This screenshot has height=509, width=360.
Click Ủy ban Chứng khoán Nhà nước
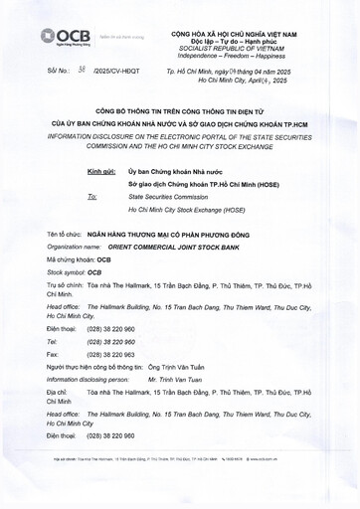point(170,171)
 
